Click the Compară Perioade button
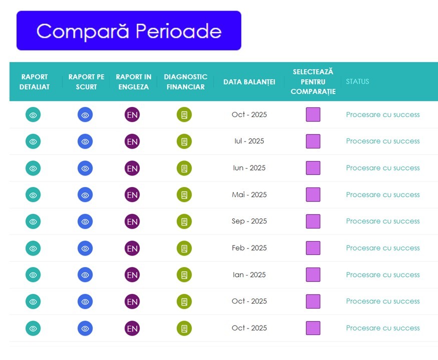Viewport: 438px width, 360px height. tap(129, 30)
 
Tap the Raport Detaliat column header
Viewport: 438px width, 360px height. tap(35, 82)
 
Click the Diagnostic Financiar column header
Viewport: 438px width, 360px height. tap(186, 82)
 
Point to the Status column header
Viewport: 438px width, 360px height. tap(357, 81)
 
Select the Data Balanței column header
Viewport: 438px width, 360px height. tap(249, 82)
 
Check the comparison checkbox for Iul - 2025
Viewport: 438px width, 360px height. tap(313, 141)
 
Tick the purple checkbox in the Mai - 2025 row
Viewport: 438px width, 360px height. tap(313, 194)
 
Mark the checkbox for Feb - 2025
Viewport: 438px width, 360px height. tap(313, 248)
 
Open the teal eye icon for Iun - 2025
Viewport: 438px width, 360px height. tap(33, 168)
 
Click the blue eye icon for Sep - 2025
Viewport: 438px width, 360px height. tap(85, 221)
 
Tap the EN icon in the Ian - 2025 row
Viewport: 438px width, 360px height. tap(132, 275)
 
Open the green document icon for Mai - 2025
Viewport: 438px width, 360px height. tap(184, 195)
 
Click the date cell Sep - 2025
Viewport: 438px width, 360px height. tap(249, 221)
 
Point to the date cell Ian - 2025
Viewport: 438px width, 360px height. tap(249, 274)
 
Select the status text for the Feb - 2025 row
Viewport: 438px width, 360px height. tap(383, 248)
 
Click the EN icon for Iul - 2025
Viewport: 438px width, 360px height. tap(132, 141)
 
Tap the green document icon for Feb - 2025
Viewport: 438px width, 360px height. tap(184, 248)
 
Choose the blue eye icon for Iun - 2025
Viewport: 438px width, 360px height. tap(85, 168)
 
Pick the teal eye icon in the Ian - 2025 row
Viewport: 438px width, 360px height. tap(33, 275)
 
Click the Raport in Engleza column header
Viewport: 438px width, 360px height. tap(134, 82)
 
